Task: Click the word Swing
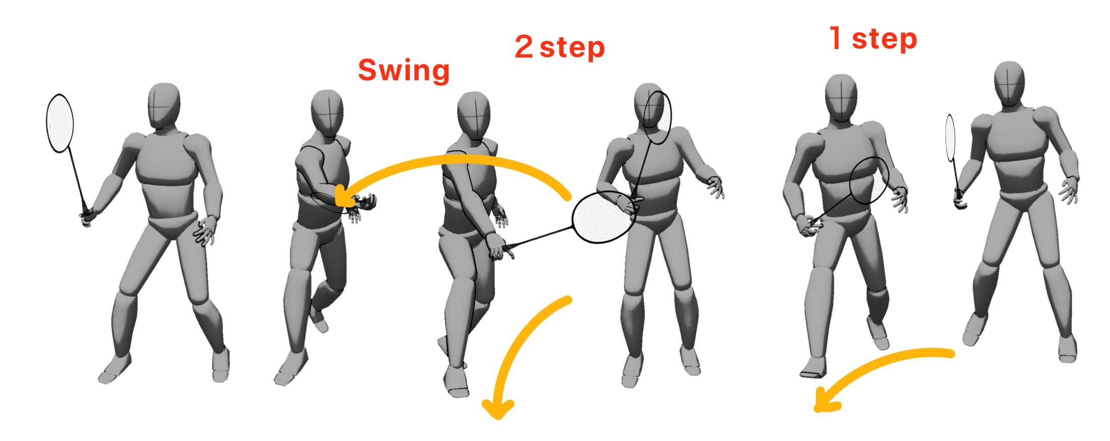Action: pos(404,70)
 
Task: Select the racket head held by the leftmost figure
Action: pos(60,123)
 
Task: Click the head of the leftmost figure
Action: pos(164,106)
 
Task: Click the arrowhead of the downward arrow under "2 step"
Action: pos(498,409)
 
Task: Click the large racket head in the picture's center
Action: pos(603,216)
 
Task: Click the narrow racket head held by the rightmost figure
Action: pos(951,137)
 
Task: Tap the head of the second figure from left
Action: pos(327,113)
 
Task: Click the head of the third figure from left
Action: pos(473,116)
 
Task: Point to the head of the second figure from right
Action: pos(841,98)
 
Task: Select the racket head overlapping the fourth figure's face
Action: pos(658,118)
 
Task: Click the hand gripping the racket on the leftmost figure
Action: pos(87,217)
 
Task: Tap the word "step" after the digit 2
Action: pos(572,48)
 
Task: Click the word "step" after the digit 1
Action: pos(884,39)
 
